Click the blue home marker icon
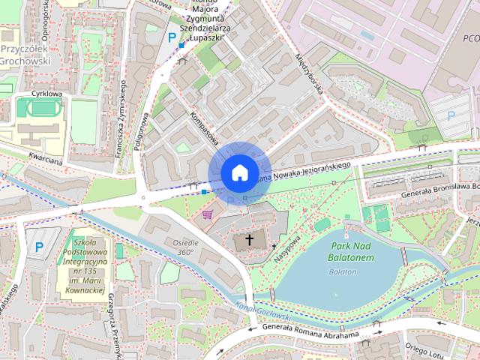point(238,172)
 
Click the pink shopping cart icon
point(207,214)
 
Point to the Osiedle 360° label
point(186,247)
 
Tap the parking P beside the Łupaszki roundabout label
point(172,36)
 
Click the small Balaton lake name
point(342,271)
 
